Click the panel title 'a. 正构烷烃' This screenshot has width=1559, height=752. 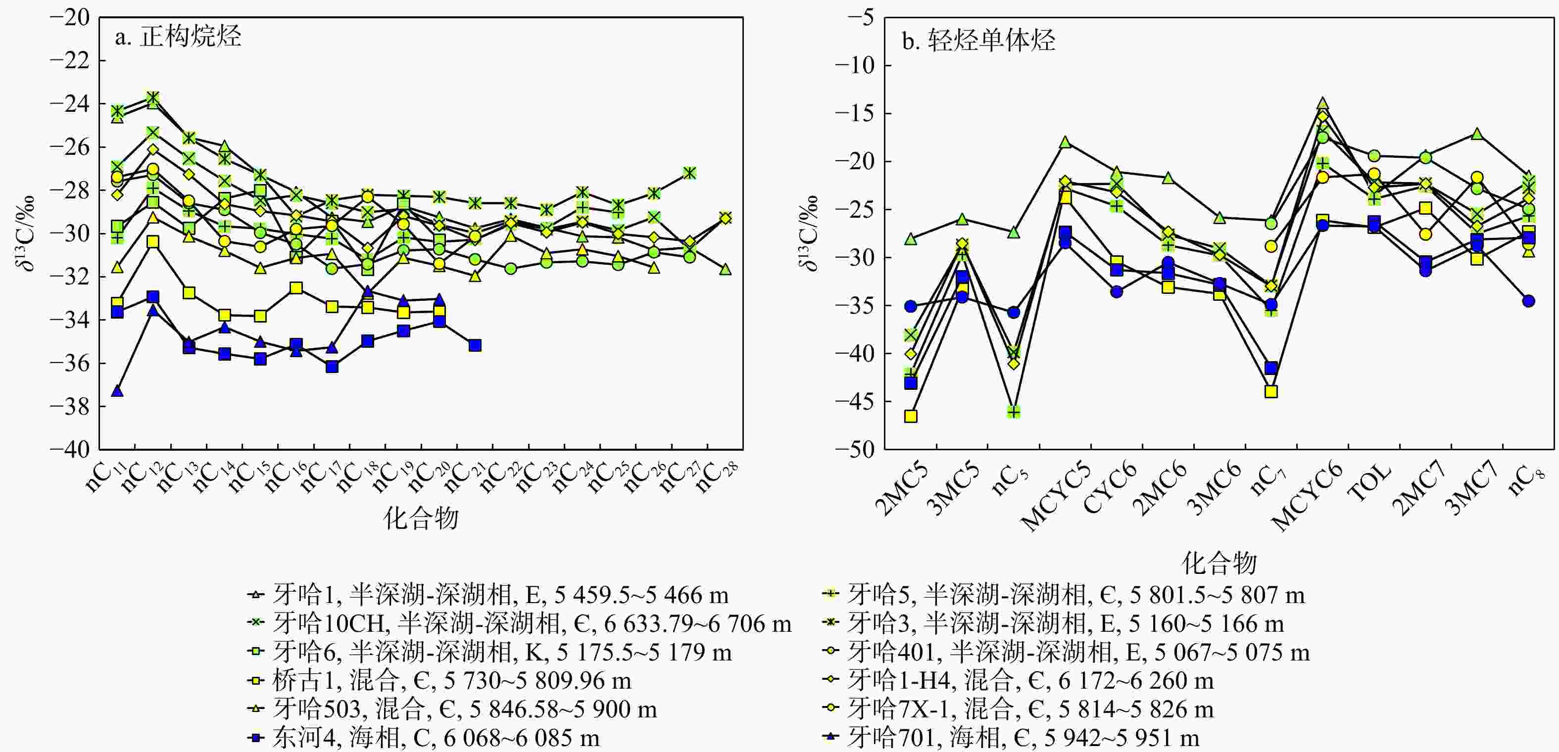coord(178,38)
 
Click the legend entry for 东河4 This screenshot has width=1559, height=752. coord(424,738)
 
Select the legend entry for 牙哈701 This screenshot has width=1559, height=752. coord(1011,738)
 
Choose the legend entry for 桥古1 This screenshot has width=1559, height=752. coord(439,681)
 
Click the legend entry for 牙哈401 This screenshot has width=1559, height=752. coord(1066,652)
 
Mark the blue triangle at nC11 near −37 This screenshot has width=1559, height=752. coord(117,391)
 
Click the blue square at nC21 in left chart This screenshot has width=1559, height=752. coord(475,345)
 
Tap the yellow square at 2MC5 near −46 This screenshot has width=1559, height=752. coord(910,416)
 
